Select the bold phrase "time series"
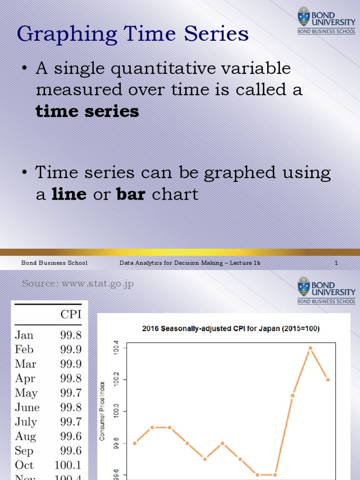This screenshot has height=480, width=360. click(87, 112)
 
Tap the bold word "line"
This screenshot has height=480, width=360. click(69, 194)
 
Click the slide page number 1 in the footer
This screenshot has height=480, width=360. click(336, 263)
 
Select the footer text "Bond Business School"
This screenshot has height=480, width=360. click(54, 263)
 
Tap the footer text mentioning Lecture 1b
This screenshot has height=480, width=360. click(190, 263)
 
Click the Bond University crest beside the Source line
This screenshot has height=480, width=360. click(304, 286)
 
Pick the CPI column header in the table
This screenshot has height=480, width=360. click(71, 315)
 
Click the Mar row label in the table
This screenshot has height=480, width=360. click(25, 364)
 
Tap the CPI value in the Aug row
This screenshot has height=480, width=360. click(71, 436)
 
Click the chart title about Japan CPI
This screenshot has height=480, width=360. click(231, 329)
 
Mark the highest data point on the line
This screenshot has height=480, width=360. click(310, 348)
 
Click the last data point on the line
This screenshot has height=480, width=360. click(328, 380)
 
